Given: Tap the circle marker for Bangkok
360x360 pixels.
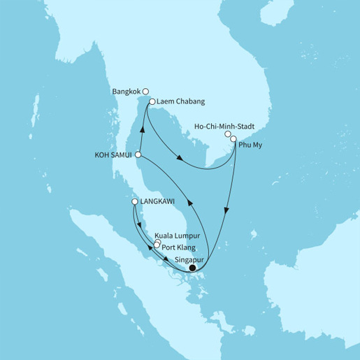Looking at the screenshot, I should click(x=145, y=90).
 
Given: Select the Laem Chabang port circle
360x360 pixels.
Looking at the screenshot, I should click(x=152, y=102).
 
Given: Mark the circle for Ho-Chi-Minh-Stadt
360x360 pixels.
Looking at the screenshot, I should click(x=227, y=134).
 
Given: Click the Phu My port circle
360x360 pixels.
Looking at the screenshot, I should click(x=233, y=138).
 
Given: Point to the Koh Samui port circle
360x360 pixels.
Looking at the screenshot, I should click(x=138, y=155).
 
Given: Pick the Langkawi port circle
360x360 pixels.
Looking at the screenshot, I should click(x=135, y=203).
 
